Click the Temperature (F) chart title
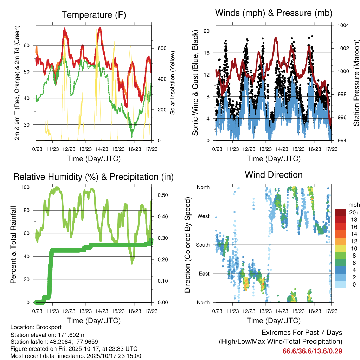94,15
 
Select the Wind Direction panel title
274,175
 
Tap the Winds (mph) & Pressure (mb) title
274,13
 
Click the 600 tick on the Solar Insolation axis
161,49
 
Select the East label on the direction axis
203,274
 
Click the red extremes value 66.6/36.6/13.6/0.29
312,351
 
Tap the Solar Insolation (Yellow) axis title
172,83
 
